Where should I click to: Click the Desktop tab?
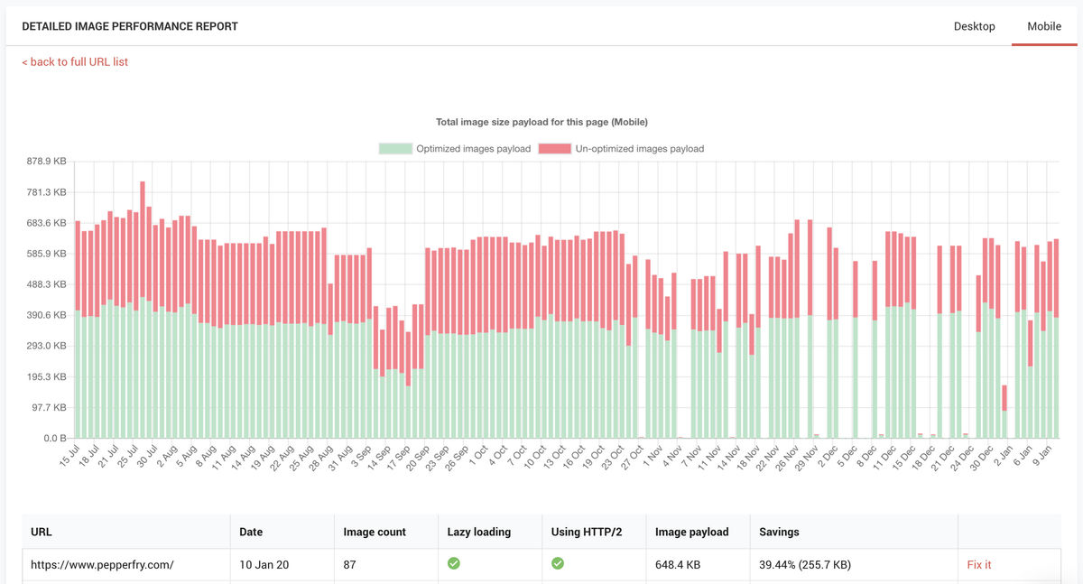[974, 26]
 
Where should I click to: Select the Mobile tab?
[1044, 26]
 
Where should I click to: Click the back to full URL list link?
[75, 61]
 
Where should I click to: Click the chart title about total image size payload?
[541, 122]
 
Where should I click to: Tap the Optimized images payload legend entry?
[455, 148]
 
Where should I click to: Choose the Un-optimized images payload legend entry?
[621, 148]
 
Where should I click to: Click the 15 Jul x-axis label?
[69, 457]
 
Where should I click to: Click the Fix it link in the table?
[979, 564]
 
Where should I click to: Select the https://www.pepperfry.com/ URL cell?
[102, 564]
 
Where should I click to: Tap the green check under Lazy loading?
[454, 563]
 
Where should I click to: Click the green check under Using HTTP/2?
[558, 563]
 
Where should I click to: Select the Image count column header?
[375, 532]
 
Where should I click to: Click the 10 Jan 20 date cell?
[264, 564]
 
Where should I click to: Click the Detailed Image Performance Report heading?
[130, 26]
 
